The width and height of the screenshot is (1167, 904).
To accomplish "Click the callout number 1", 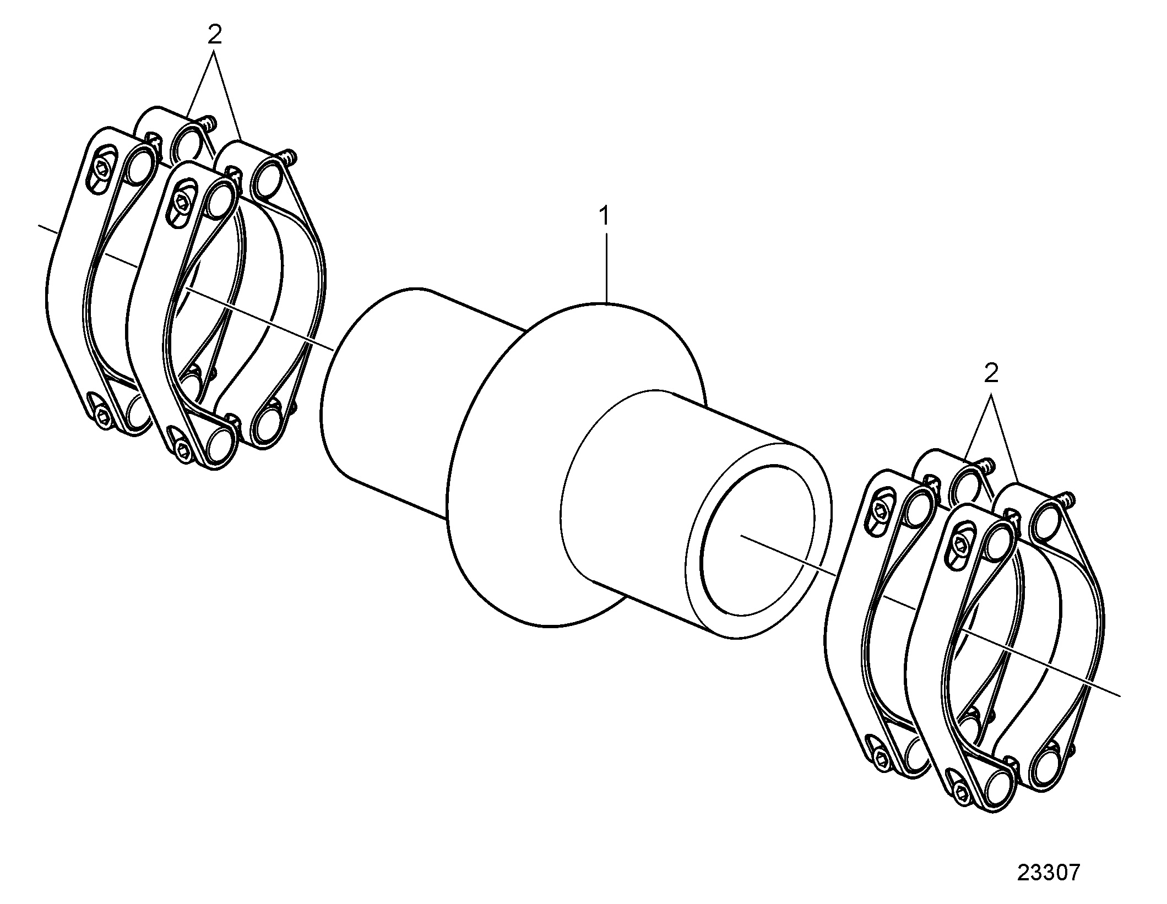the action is [605, 216].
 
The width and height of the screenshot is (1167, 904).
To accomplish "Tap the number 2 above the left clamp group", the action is [214, 36].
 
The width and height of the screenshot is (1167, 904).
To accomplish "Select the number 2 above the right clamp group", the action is [991, 375].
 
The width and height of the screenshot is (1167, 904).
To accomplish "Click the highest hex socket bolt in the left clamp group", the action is [103, 171].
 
